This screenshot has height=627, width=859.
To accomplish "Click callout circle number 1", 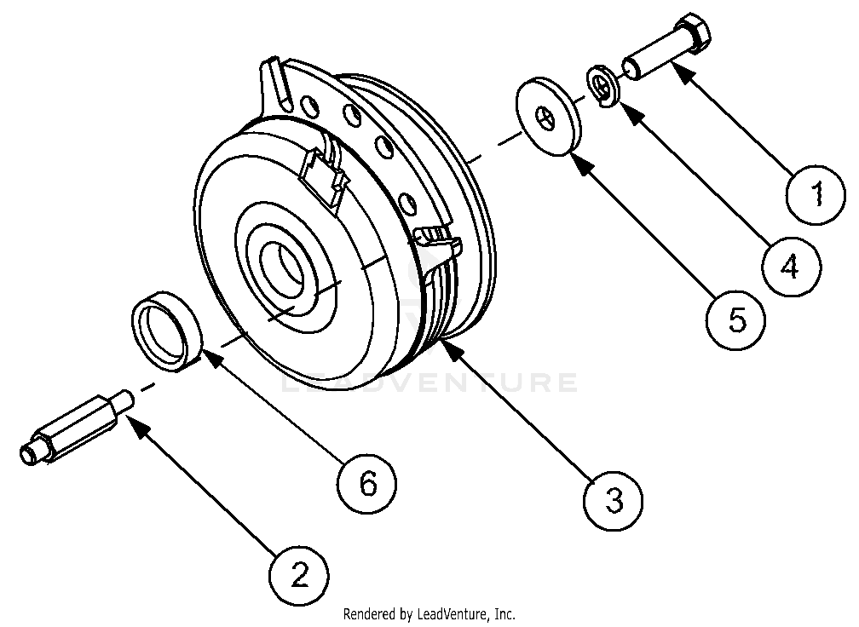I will point(816,195).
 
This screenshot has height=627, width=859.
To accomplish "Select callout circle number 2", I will point(300,577).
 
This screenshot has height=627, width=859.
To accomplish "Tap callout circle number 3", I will point(614,499).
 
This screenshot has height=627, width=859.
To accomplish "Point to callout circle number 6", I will point(367,483).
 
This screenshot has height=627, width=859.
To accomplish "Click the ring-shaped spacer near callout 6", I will point(166,331).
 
